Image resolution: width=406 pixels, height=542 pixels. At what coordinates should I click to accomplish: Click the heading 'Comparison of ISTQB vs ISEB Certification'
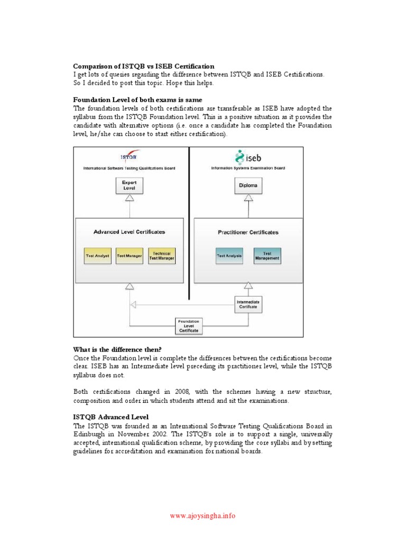point(143,66)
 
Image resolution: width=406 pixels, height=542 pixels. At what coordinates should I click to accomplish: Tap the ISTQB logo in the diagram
point(129,157)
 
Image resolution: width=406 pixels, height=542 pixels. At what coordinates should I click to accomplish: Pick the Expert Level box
point(129,185)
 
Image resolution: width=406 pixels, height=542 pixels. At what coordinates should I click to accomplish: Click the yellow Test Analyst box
point(97,256)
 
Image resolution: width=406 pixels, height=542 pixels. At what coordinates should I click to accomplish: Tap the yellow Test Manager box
point(129,256)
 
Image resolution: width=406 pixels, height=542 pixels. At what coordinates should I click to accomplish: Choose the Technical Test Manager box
point(162,256)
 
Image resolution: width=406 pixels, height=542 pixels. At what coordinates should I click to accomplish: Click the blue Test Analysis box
point(229,256)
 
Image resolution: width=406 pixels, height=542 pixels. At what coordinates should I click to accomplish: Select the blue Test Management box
point(267,256)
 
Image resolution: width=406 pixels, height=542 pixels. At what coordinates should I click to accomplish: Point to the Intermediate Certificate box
point(248,303)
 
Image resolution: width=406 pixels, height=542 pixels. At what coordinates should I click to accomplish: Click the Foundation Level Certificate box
point(189,326)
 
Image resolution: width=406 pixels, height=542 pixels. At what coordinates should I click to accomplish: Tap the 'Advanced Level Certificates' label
point(129,232)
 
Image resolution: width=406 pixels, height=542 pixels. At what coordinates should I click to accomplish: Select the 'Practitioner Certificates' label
point(248,232)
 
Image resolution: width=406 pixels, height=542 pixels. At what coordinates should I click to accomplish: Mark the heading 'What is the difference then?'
point(117,349)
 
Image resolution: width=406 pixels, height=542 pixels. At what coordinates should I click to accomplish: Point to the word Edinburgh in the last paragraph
point(88,435)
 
